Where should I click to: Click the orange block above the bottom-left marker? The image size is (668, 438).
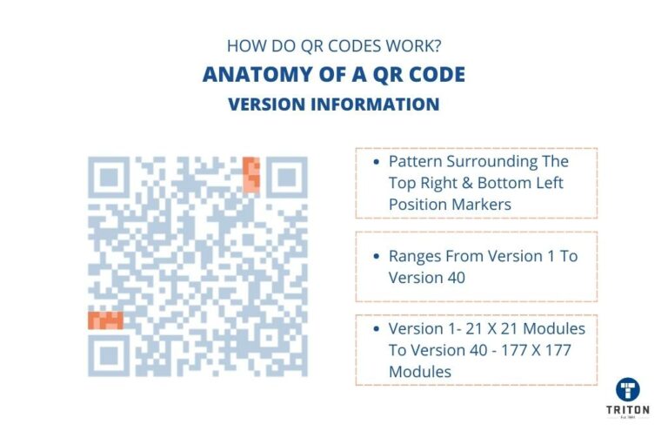(105, 320)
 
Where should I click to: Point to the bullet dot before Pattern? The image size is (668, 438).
(375, 163)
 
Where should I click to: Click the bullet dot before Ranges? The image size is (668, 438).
(375, 257)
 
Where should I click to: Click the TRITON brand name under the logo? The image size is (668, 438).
(628, 410)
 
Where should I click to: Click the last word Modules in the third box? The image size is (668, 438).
(419, 371)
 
